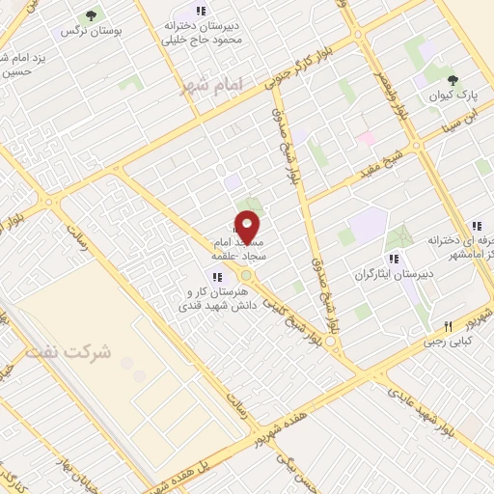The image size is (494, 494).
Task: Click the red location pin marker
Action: tap(248, 227)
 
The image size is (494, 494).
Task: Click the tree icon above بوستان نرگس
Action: tap(92, 14)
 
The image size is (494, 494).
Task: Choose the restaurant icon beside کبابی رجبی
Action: tap(448, 325)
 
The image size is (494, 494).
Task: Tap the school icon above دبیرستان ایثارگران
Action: tap(392, 259)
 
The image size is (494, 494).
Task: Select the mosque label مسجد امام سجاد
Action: tap(233, 246)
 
